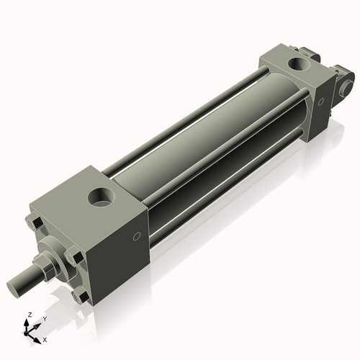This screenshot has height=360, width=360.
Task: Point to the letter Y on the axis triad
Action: (44, 318)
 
